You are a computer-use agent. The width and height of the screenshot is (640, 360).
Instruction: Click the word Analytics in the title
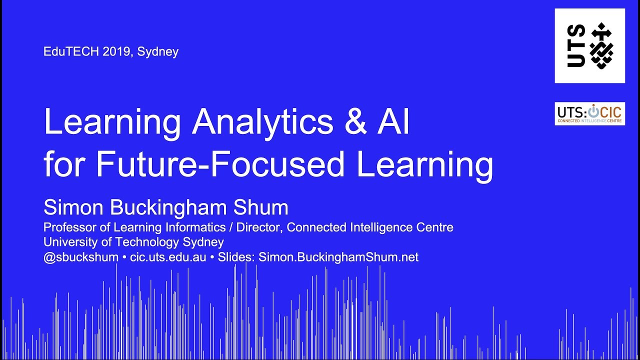[263, 121]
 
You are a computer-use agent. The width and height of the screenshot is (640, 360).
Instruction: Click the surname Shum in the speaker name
[263, 207]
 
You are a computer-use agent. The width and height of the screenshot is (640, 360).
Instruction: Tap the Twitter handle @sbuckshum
[81, 257]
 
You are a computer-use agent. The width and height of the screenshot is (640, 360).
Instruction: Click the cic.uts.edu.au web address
[168, 257]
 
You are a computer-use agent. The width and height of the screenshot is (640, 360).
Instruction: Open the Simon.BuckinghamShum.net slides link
[338, 257]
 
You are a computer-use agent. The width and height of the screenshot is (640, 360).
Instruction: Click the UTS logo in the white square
[589, 46]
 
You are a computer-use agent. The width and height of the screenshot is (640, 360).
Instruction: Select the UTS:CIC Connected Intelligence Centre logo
[589, 114]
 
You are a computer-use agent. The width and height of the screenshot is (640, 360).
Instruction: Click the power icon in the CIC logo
[593, 110]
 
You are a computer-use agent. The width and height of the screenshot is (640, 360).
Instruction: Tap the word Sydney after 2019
[158, 52]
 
